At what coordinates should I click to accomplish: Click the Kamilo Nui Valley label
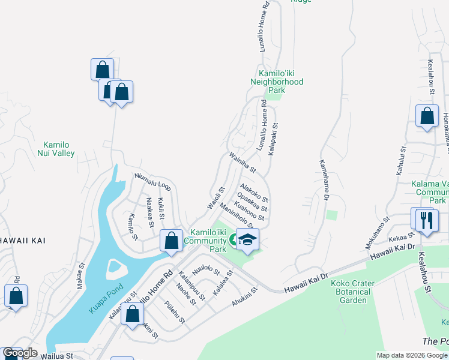pos(59,149)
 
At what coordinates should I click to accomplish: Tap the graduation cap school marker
pos(247,240)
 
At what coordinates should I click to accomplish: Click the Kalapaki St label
pos(273,140)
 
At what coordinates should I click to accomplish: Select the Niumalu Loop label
pos(153,181)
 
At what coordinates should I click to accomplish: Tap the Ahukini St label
pos(245,298)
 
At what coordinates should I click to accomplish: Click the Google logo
pos(20,353)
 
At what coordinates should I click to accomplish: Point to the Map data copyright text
pos(412,355)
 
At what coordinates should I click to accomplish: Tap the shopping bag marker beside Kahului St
pos(427,116)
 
